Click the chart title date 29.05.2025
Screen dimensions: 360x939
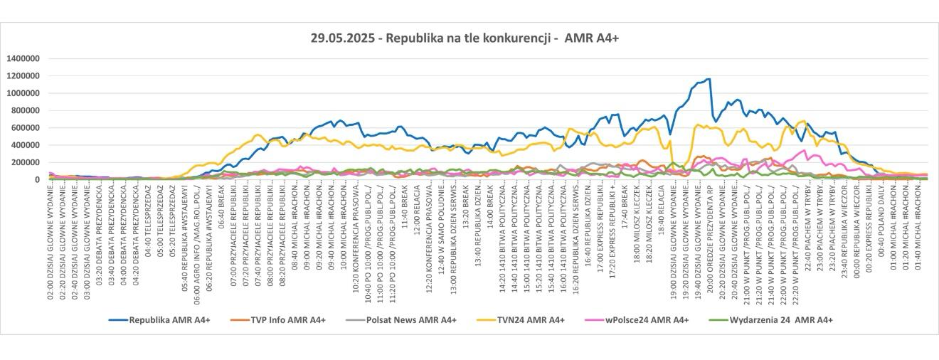click(345, 38)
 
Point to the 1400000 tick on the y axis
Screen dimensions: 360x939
click(23, 58)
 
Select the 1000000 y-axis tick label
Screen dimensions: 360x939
click(23, 93)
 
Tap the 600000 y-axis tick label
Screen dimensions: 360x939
click(26, 127)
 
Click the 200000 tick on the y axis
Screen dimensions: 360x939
click(26, 162)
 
